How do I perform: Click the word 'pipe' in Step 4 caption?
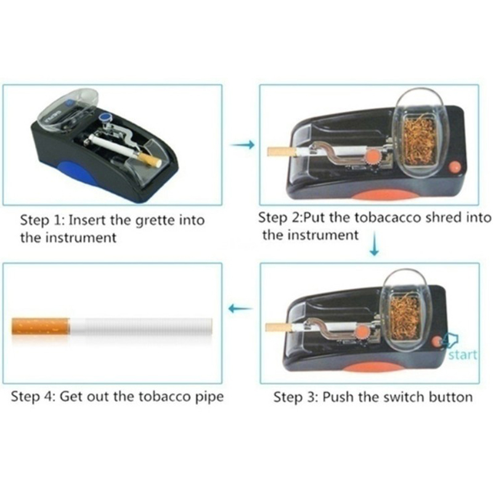tap(210, 397)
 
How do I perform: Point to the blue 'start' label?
tap(463, 355)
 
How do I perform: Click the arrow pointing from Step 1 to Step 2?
tap(242, 145)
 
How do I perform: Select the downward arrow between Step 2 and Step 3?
tap(374, 243)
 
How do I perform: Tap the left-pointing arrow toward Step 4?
tap(240, 309)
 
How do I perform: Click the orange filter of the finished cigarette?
tap(40, 327)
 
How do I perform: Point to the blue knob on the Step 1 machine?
tap(104, 118)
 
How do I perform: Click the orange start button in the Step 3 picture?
tap(436, 342)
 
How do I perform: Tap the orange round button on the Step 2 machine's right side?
tap(454, 167)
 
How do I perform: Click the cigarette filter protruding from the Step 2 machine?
tap(281, 152)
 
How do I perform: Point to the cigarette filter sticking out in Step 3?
tap(279, 328)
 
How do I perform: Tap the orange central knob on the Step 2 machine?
tap(373, 157)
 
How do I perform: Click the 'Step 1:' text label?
tap(42, 221)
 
